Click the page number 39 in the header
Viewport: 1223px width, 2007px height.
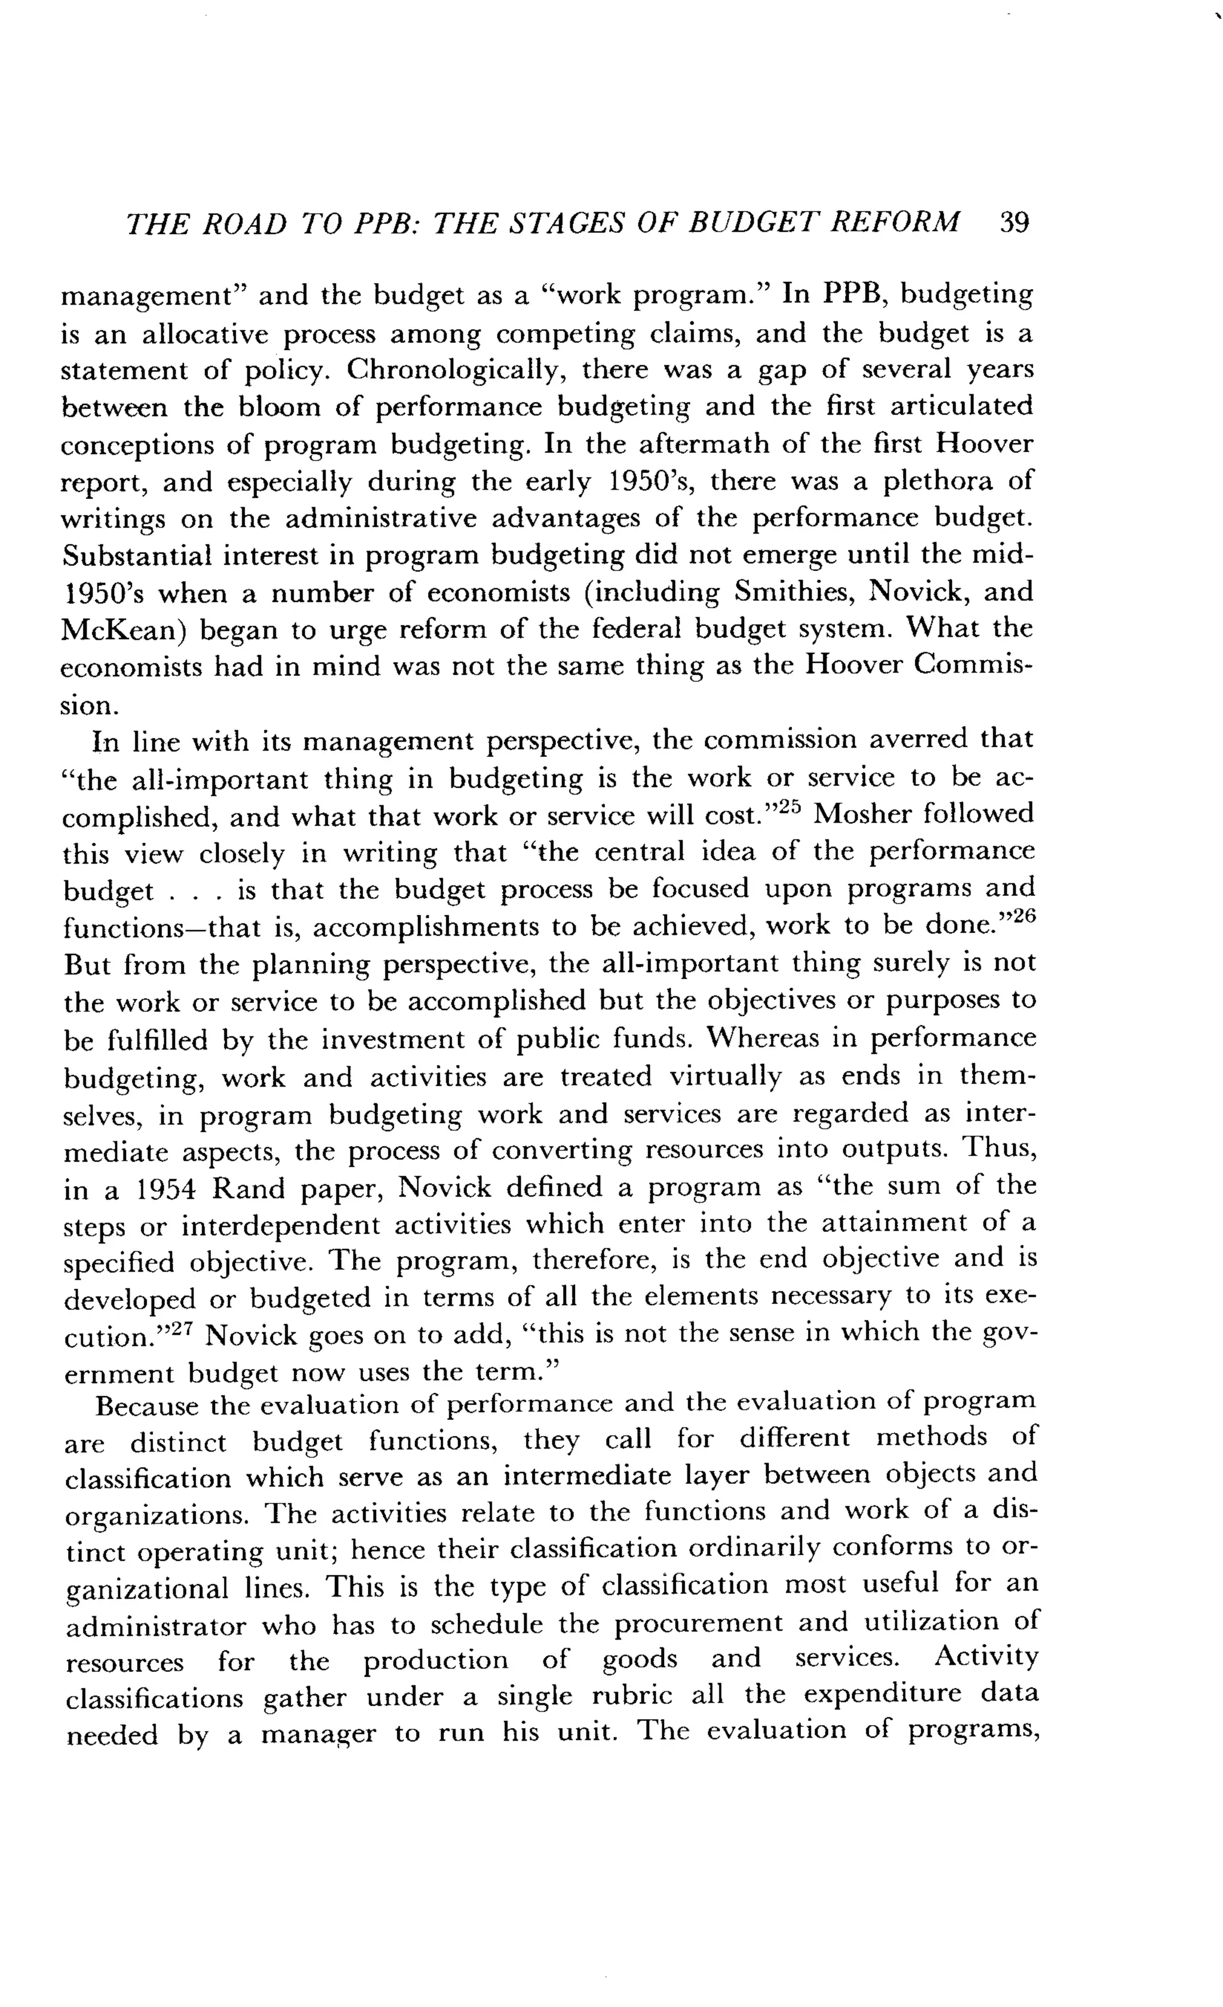[x=1015, y=222]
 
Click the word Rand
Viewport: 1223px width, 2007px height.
[x=248, y=1189]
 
